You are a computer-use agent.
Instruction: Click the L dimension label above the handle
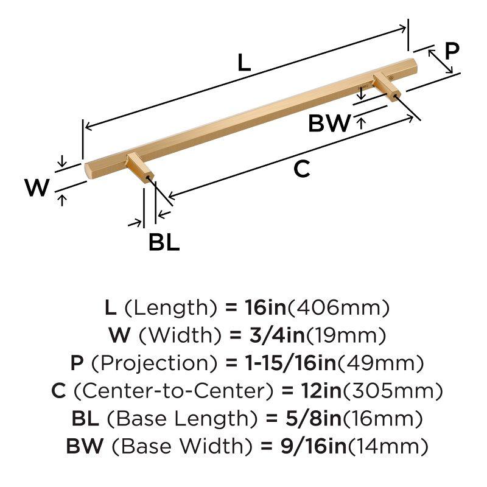coord(243,62)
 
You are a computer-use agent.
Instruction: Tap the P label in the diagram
coord(452,51)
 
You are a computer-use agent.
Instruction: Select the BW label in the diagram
coord(329,124)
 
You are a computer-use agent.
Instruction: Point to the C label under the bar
coord(302,170)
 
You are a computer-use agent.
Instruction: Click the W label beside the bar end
coord(37,188)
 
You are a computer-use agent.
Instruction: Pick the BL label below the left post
coord(164,243)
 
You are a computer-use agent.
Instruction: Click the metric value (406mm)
coord(338,307)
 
